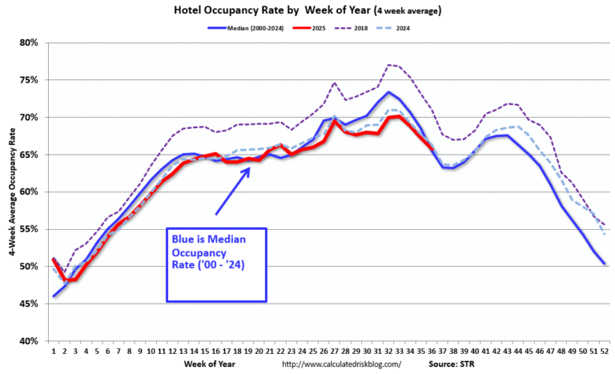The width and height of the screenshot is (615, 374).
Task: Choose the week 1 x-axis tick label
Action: (54, 351)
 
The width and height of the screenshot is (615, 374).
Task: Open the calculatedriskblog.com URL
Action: (342, 365)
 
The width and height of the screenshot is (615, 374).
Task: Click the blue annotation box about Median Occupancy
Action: (216, 264)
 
